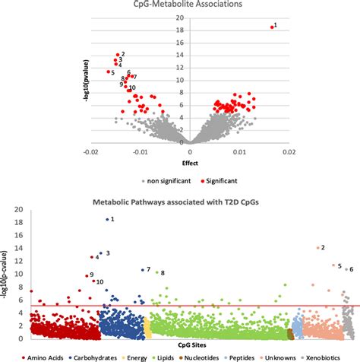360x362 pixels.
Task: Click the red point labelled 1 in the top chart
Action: pos(271,27)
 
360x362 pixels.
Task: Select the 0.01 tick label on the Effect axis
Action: pos(238,152)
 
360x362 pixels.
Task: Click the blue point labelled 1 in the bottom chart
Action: pos(107,219)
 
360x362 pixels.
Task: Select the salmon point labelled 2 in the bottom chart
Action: pos(317,247)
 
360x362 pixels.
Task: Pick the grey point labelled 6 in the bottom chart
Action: pos(346,269)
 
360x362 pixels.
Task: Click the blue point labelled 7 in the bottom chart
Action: pos(143,270)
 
